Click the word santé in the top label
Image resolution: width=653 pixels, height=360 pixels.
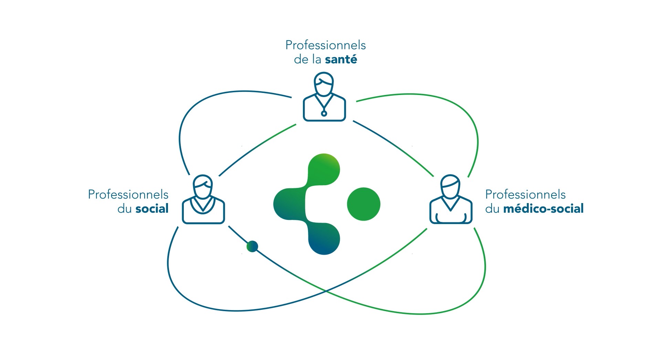point(341,60)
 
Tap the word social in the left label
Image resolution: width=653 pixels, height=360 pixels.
point(152,209)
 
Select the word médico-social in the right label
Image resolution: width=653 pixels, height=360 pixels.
point(543,209)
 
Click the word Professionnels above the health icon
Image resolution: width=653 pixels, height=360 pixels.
point(325,45)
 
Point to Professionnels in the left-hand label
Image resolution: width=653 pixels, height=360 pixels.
point(128,194)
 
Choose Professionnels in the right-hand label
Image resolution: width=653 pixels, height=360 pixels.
point(525,194)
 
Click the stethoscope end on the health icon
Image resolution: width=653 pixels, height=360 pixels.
point(324,113)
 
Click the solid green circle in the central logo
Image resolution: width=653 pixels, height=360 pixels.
point(364,204)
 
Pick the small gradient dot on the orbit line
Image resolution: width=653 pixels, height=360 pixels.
point(252,246)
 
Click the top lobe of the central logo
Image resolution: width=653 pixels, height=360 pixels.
point(324,169)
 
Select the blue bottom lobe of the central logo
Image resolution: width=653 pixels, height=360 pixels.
point(324,240)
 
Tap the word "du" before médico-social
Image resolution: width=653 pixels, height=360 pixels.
point(492,209)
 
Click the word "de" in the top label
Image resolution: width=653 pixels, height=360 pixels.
point(301,60)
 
